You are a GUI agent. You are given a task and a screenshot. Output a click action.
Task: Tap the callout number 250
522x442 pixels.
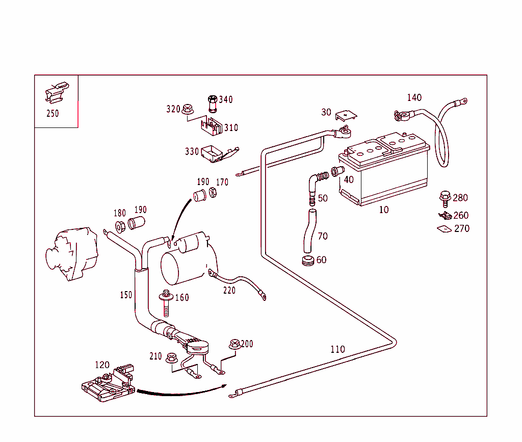tap(53, 114)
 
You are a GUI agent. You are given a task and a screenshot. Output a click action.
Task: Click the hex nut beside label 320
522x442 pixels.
tap(187, 109)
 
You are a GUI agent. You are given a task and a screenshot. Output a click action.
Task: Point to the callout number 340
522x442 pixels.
tap(225, 99)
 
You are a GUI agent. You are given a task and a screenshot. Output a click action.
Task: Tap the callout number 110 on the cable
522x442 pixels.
tap(337, 349)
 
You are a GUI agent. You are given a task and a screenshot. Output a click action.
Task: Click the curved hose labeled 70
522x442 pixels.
tap(309, 232)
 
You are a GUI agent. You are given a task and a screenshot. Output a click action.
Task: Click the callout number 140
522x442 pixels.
tap(414, 97)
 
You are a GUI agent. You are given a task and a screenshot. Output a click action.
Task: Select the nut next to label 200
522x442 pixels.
tap(234, 344)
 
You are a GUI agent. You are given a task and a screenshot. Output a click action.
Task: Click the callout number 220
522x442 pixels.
tap(229, 291)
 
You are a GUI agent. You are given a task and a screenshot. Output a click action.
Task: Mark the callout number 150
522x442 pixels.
tap(126, 295)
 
